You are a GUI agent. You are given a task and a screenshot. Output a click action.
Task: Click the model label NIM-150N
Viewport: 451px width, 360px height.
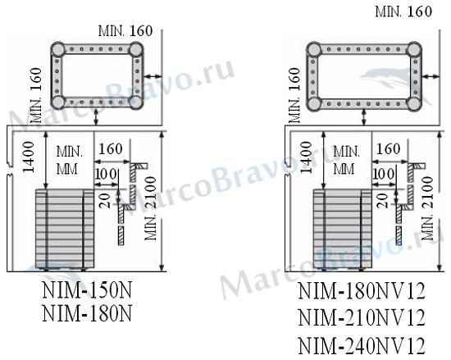(x=87, y=290)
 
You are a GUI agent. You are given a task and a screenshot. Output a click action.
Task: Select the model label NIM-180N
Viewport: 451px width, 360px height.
(x=87, y=313)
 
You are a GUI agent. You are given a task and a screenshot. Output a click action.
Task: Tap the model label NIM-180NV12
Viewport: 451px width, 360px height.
(x=362, y=291)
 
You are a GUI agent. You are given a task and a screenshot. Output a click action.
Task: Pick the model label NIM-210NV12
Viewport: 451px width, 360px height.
(x=362, y=317)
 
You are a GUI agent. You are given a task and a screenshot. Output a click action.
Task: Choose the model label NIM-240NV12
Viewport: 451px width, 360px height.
(x=362, y=345)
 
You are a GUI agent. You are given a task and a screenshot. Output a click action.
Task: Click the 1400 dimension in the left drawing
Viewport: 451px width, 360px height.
(x=29, y=157)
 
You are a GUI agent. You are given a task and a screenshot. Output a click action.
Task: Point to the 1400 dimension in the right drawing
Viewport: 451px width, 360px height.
(x=306, y=157)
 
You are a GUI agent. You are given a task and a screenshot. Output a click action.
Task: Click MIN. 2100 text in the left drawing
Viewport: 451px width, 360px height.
(x=150, y=208)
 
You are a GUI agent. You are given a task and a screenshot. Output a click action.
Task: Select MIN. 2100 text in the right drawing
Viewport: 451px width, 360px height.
(x=427, y=208)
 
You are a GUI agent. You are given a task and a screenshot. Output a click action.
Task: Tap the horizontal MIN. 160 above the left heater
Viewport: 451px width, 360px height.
(x=125, y=31)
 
